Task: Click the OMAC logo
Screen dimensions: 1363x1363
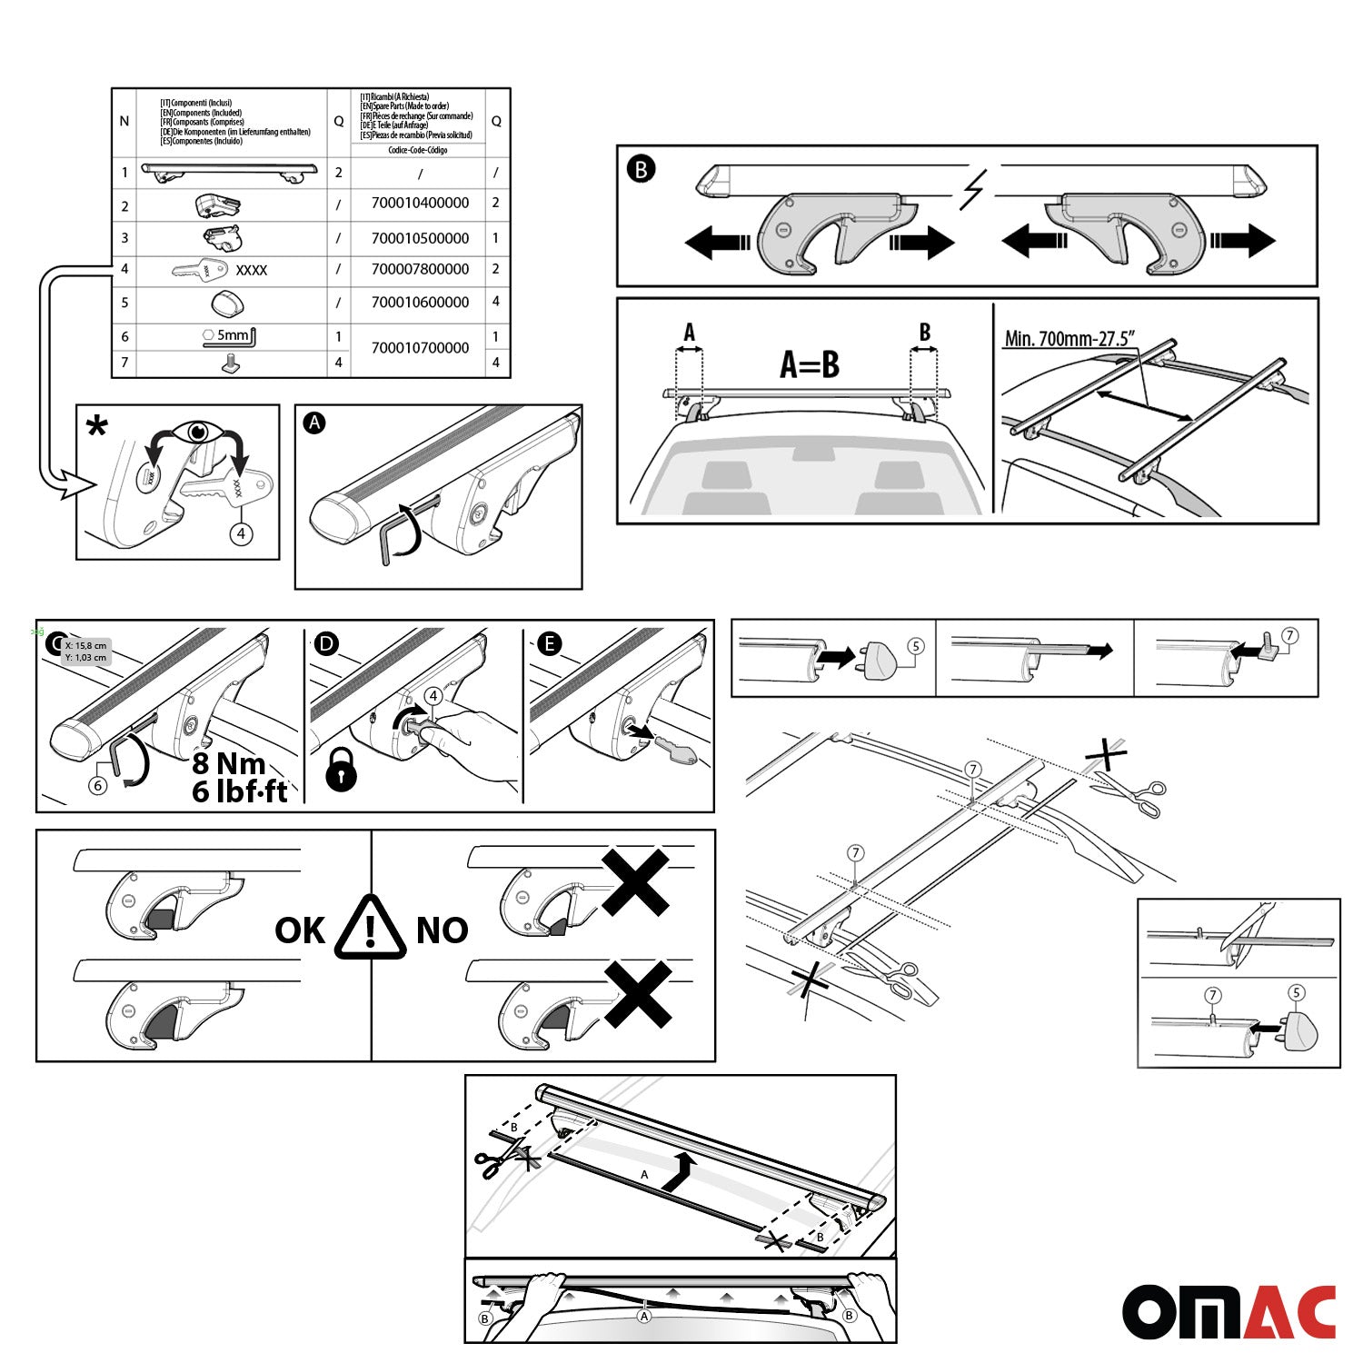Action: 1229,1312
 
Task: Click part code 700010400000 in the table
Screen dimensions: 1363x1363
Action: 420,203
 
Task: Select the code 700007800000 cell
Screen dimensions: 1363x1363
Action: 420,269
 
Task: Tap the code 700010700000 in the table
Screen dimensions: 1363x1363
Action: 420,348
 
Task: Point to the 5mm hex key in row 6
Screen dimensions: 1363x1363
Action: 229,336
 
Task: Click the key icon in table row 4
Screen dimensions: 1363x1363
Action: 199,270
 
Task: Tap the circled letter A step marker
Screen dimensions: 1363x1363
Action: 314,423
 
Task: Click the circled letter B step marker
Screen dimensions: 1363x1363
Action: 641,169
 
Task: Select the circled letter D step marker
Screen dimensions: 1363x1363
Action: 325,644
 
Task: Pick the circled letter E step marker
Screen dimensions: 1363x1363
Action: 549,644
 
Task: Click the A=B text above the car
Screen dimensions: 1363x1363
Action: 809,364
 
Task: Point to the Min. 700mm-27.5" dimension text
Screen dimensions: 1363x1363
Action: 1070,339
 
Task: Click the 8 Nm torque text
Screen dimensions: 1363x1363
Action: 229,763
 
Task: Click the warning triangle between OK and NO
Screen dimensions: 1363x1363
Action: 370,929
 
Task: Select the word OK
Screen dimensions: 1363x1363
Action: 300,930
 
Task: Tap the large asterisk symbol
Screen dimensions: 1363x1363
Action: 96,427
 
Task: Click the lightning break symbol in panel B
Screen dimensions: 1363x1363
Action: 973,191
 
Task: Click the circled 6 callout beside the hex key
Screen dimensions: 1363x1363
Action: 98,784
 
